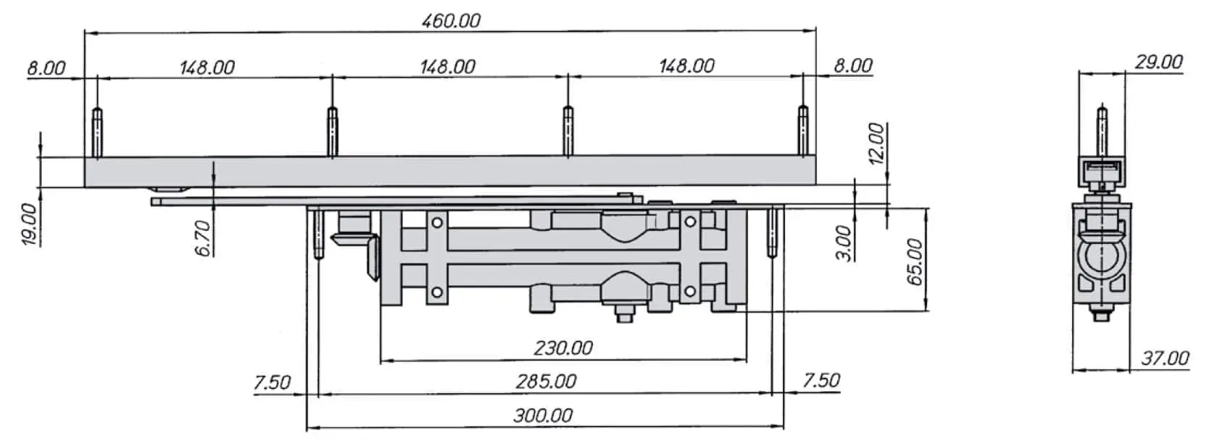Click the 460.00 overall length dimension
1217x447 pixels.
tap(451, 20)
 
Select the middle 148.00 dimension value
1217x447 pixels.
tap(447, 67)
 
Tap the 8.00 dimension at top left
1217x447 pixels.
tap(46, 69)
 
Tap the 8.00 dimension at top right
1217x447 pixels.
tap(852, 65)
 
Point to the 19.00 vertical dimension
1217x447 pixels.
tap(29, 224)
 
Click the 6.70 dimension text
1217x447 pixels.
tap(204, 238)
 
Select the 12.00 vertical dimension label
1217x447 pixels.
tap(876, 143)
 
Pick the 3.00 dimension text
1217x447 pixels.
tap(842, 242)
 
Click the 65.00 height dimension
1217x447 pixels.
tap(915, 261)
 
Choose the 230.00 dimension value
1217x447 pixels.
tap(563, 348)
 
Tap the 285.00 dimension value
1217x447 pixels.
tap(546, 382)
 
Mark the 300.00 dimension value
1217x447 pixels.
tap(543, 416)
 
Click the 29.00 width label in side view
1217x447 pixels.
tap(1158, 62)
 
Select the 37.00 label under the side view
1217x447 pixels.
tap(1165, 358)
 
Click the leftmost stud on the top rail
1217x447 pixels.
tap(96, 132)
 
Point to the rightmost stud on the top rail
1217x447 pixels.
tap(802, 131)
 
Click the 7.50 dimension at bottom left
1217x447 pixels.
tap(272, 382)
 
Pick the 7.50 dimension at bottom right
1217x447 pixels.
tap(821, 380)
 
